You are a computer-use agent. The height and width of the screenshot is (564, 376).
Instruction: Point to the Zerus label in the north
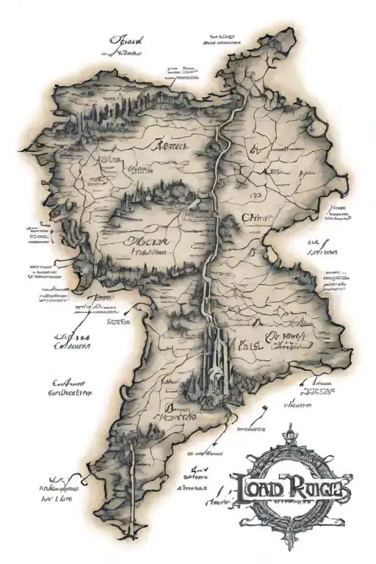(x=170, y=147)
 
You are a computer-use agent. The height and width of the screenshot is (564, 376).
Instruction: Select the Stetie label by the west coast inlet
(x=117, y=321)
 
